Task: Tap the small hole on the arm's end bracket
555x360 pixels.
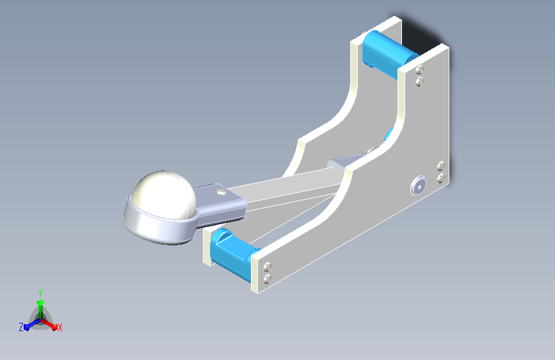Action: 221,192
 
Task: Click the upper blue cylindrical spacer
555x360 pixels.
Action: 389,54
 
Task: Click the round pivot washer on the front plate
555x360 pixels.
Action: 418,185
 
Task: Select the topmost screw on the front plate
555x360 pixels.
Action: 419,69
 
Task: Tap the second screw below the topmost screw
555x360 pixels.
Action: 419,82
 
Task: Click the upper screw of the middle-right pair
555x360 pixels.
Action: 441,165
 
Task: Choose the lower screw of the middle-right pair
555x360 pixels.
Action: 441,177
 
